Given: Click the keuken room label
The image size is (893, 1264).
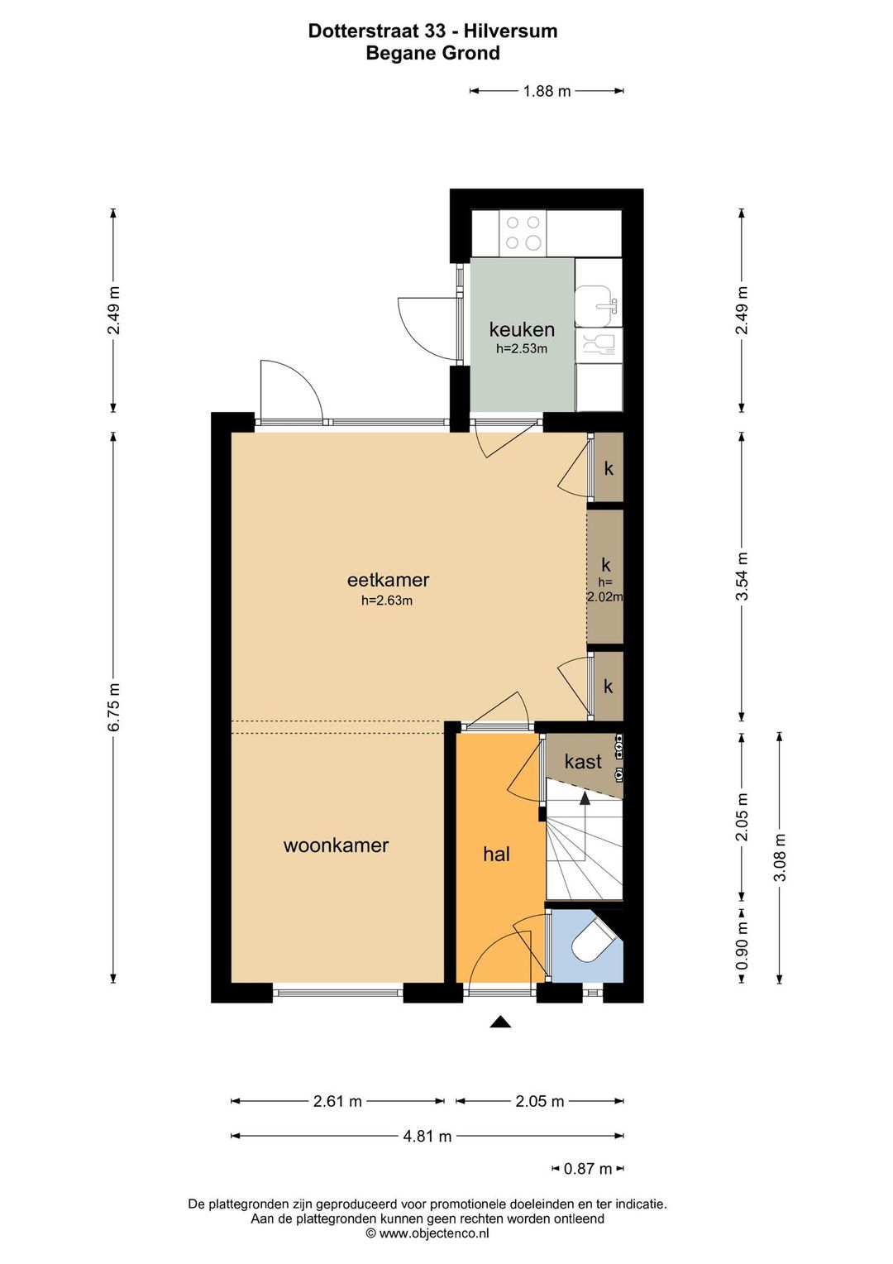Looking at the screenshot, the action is [x=521, y=329].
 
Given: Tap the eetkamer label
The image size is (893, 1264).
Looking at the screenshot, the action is [x=388, y=580].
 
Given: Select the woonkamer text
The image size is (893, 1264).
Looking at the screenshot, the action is [x=337, y=845].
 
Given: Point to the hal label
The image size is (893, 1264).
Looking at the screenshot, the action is [x=496, y=855].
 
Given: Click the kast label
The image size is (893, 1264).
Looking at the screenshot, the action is [x=583, y=762].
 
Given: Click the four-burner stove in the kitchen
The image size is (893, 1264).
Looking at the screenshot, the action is [x=523, y=233].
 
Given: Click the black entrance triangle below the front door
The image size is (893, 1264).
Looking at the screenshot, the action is [x=499, y=1022].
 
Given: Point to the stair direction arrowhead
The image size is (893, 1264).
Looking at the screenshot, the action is [x=585, y=798].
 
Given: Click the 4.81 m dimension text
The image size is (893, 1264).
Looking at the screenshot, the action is [x=427, y=1136].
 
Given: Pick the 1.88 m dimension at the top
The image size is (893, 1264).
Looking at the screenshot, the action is [x=547, y=91].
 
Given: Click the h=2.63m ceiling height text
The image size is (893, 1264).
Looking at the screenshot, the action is [x=387, y=601].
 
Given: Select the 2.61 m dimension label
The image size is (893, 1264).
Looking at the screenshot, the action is [x=337, y=1101].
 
